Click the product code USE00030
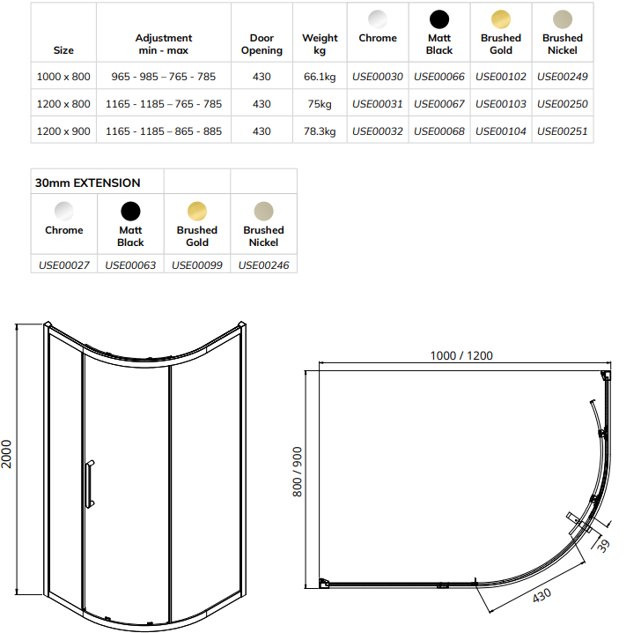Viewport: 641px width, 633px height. pos(377,77)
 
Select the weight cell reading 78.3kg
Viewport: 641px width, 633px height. pos(320,131)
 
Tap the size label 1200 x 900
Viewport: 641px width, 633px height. pos(63,131)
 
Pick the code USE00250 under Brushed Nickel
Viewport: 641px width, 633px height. pos(562,104)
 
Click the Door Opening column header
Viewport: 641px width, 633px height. pos(262,44)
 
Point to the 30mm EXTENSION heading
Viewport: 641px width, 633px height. pos(87,183)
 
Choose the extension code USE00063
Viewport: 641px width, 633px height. pos(130,264)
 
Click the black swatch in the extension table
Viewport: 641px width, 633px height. pos(130,211)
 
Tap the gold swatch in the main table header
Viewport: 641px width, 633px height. pos(500,19)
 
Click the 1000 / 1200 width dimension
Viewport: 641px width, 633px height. pos(461,355)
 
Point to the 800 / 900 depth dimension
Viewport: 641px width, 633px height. pos(298,472)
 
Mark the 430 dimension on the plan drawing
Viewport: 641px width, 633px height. pos(542,596)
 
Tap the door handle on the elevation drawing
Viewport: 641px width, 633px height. pos(88,484)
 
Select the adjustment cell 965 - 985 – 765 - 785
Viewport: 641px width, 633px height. pos(164,77)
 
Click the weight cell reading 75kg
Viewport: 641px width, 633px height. pos(320,104)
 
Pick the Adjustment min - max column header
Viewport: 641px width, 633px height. pos(164,44)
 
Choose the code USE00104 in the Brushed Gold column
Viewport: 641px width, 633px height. pos(500,131)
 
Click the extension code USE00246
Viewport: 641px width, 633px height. pos(263,264)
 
